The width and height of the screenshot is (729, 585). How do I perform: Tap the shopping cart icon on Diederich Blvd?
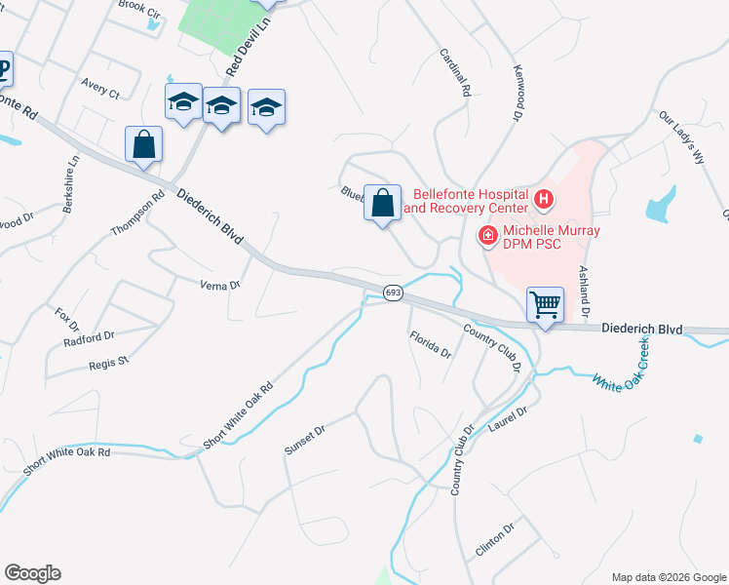pyautogui.click(x=546, y=304)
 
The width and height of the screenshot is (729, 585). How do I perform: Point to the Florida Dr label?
pyautogui.click(x=429, y=344)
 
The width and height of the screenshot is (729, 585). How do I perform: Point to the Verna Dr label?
pyautogui.click(x=219, y=286)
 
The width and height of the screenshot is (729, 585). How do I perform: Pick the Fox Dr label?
pyautogui.click(x=65, y=318)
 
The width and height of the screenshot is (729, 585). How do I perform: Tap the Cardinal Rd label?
pyautogui.click(x=455, y=73)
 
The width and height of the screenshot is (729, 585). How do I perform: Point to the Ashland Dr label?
pyautogui.click(x=584, y=292)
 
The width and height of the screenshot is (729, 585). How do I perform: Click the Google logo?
pyautogui.click(x=33, y=573)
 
